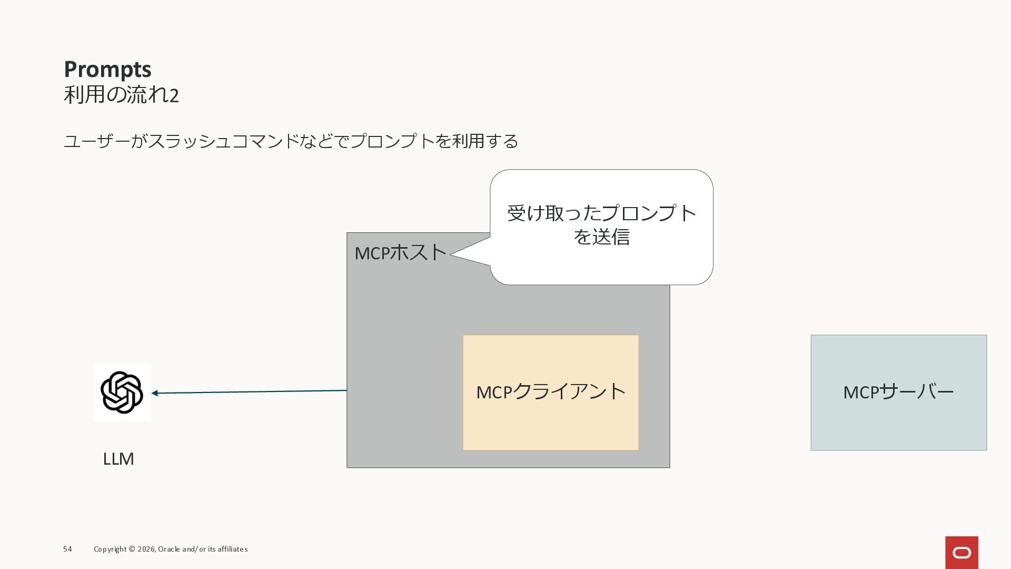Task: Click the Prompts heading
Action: click(107, 70)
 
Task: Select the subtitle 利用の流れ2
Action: click(121, 95)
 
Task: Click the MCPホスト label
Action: click(400, 253)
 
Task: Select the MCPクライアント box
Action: click(550, 393)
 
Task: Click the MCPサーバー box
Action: click(898, 393)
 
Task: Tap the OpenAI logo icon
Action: click(122, 393)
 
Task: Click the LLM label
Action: click(118, 459)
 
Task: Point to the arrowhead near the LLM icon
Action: click(155, 393)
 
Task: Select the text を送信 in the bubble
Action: click(601, 237)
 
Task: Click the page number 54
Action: click(67, 549)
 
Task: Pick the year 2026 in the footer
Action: click(146, 549)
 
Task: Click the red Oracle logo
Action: click(962, 553)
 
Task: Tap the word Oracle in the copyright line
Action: click(169, 549)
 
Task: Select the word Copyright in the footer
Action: click(110, 549)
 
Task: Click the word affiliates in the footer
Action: click(232, 549)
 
